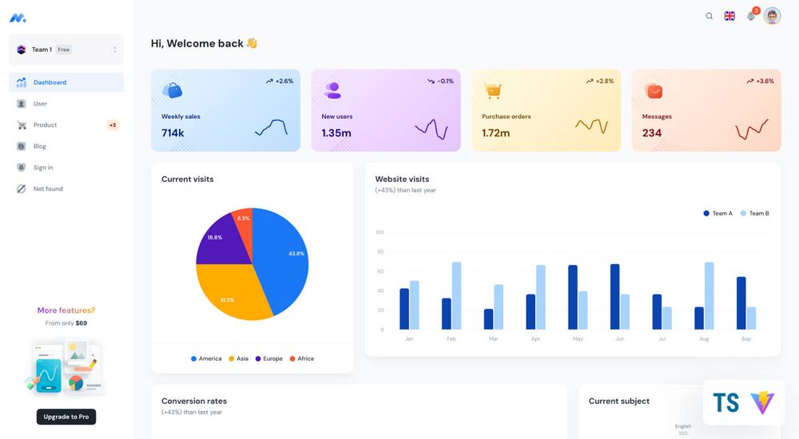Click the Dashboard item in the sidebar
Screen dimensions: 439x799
(50, 82)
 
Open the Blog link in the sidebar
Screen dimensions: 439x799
(39, 146)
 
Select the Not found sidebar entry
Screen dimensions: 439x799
(47, 189)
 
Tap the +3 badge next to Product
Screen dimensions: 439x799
(113, 125)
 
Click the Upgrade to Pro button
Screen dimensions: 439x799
(66, 417)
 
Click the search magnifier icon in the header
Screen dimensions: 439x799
(709, 16)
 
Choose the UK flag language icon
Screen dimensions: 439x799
(729, 16)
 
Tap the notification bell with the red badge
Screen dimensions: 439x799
(751, 16)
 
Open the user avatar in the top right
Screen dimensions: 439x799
(772, 16)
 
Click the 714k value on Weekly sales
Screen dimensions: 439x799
(173, 133)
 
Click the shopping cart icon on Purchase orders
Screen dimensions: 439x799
(493, 91)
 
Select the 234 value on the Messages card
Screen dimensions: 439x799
(651, 133)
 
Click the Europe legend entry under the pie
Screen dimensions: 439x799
(268, 358)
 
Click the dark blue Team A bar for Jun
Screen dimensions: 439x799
(614, 297)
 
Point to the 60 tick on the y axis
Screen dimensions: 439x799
(380, 271)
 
